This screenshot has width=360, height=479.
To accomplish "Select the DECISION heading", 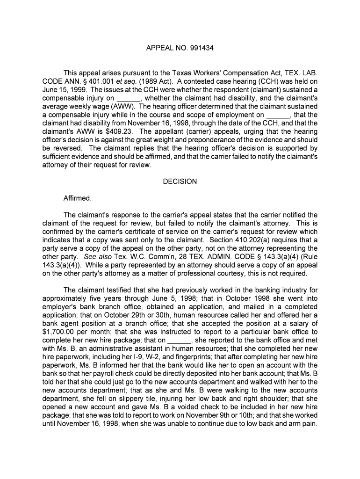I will tap(180, 181).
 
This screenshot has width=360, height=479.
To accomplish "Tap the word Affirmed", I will tap(78, 198).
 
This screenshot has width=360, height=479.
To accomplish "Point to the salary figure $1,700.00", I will tap(59, 332).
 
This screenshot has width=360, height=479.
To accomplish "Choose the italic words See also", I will tap(96, 257).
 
